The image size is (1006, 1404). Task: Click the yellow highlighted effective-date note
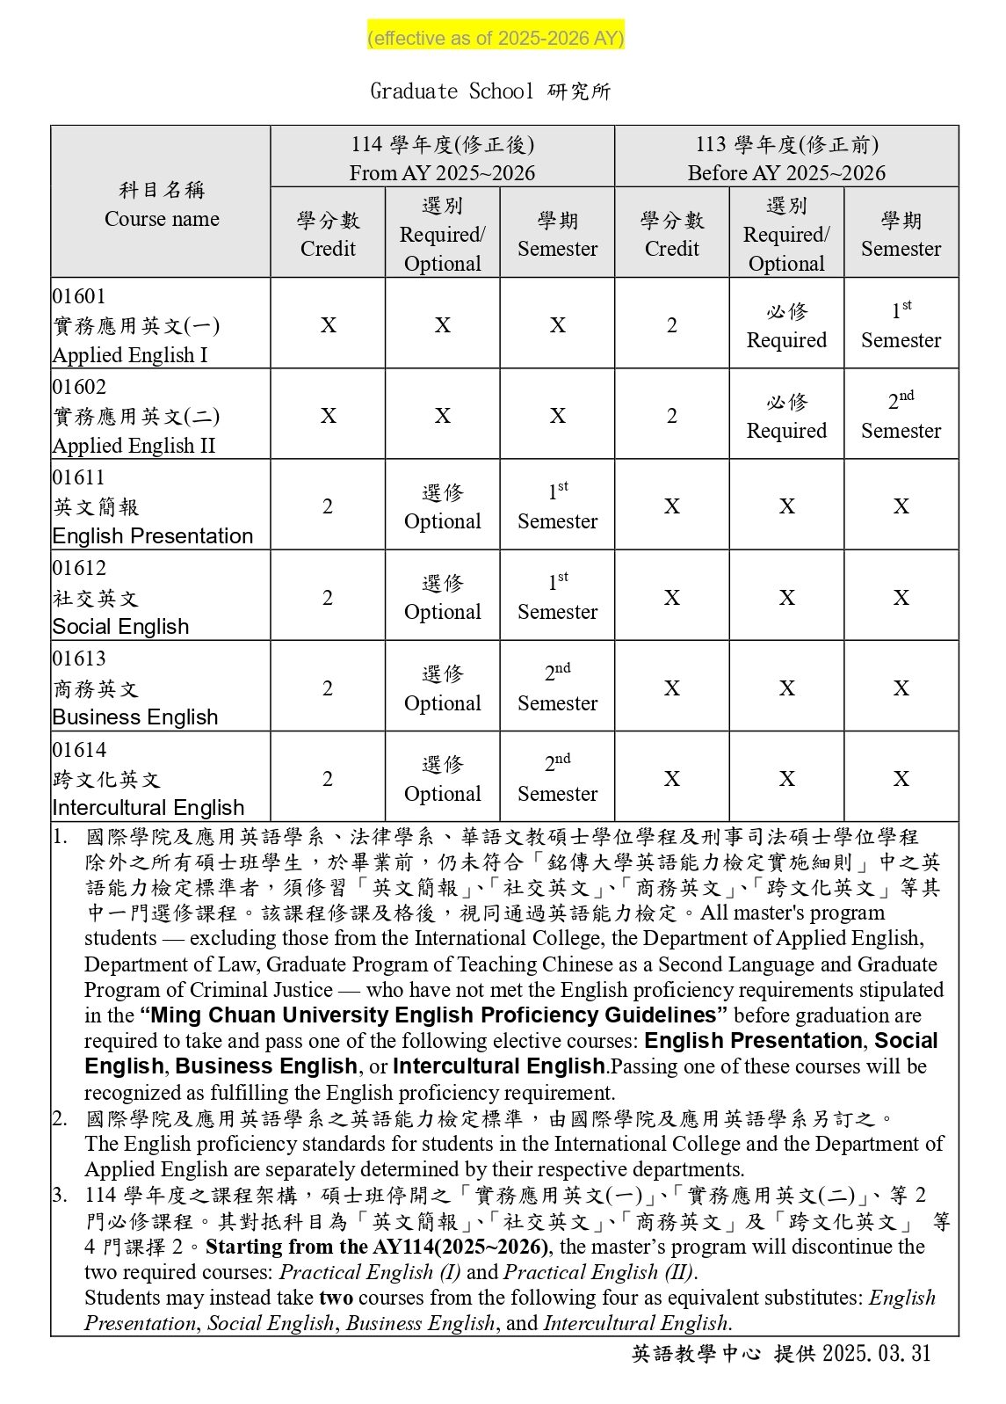click(x=496, y=38)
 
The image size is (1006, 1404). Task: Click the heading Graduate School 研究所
click(x=490, y=91)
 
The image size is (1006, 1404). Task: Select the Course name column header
click(x=162, y=204)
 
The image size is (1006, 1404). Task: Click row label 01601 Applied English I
click(x=135, y=325)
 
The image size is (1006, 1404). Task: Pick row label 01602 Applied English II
click(x=135, y=416)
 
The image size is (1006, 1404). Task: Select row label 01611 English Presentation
click(x=152, y=506)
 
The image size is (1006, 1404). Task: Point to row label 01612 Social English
click(x=120, y=598)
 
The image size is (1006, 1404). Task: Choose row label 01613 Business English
click(x=134, y=688)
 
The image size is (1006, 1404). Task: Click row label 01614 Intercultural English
click(x=148, y=779)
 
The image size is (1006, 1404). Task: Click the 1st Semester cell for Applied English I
click(x=901, y=324)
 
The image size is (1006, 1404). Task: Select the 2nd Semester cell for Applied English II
click(x=901, y=415)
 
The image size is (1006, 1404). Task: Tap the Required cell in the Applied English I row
click(x=786, y=325)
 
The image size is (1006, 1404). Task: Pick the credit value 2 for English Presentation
click(x=328, y=506)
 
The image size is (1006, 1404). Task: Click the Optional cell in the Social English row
click(x=442, y=598)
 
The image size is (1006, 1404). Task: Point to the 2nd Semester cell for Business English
click(x=557, y=687)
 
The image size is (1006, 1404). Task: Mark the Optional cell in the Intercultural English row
click(x=442, y=779)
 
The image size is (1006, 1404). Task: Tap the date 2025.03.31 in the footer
click(x=876, y=1353)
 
